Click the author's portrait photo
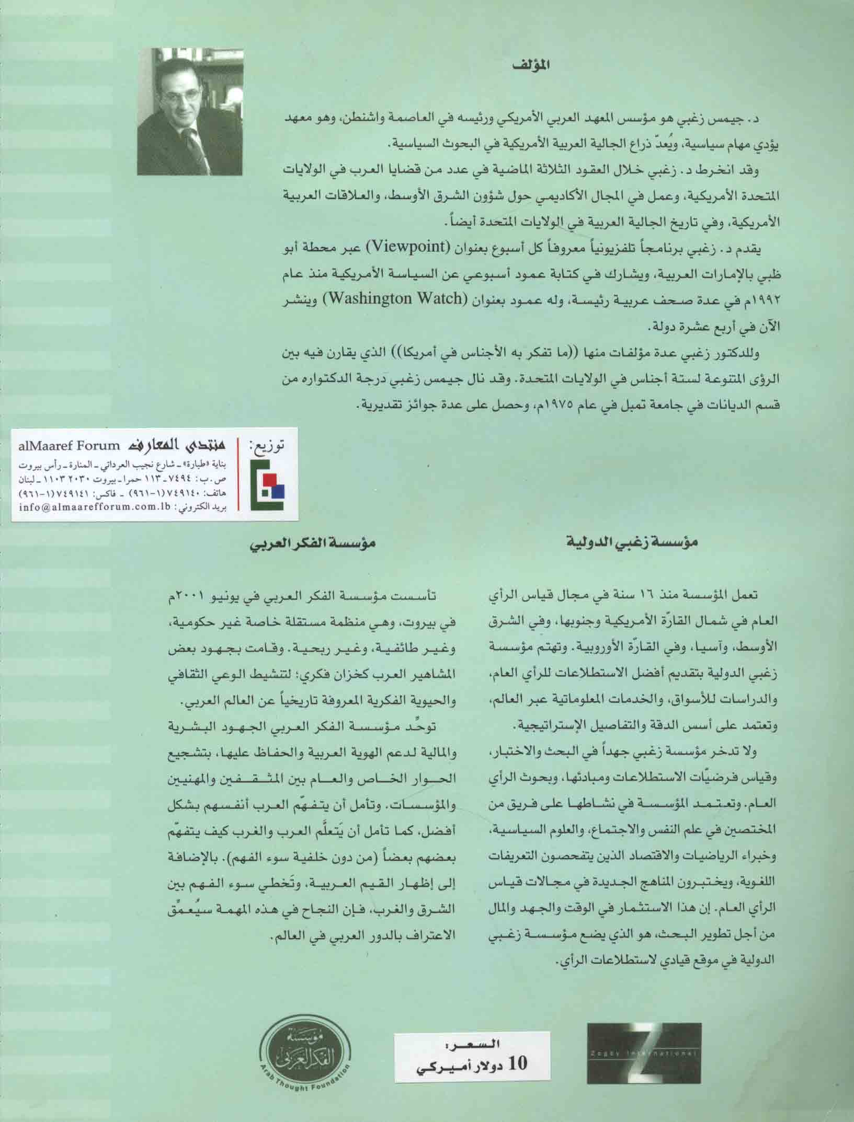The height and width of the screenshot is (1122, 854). click(189, 111)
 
